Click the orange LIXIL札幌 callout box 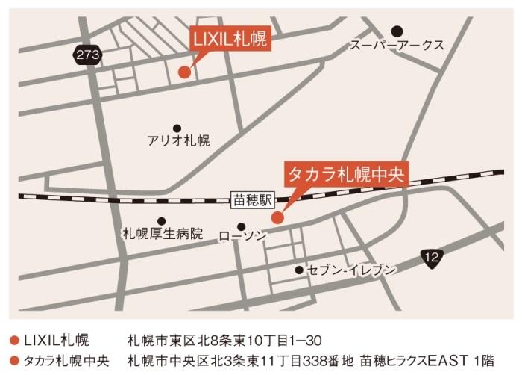click(x=229, y=38)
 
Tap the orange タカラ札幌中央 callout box click(x=345, y=174)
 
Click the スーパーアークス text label click(x=397, y=46)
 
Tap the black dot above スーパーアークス click(x=397, y=31)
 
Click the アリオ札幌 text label click(x=179, y=140)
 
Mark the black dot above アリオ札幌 click(x=177, y=128)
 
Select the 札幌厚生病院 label click(x=163, y=234)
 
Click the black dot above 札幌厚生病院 click(x=161, y=221)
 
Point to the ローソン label click(x=242, y=237)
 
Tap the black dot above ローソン click(x=241, y=226)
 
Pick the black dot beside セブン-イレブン click(x=299, y=270)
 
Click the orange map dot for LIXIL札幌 click(x=183, y=72)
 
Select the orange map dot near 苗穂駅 click(x=277, y=218)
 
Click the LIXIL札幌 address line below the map click(x=224, y=341)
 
